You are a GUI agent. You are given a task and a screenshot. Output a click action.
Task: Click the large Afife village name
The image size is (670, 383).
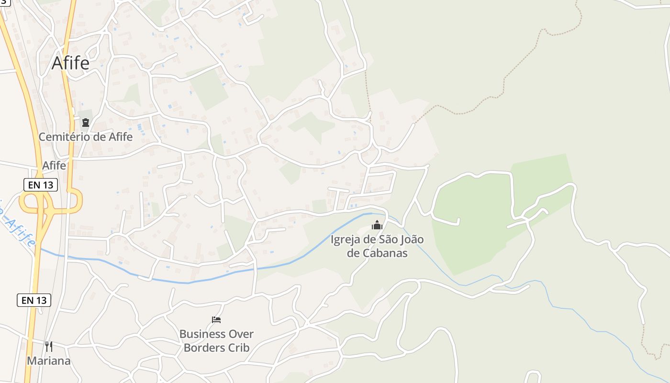coord(70,63)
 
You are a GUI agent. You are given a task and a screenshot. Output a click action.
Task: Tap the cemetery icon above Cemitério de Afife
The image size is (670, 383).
coord(86,123)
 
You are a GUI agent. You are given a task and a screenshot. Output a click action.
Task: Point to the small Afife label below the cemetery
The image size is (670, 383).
coord(54,165)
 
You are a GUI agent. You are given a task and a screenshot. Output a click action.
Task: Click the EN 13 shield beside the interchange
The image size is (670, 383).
coord(41,185)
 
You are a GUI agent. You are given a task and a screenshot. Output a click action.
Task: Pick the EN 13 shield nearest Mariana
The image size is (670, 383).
coord(34,300)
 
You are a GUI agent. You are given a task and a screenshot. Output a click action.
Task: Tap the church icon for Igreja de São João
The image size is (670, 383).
coord(377,225)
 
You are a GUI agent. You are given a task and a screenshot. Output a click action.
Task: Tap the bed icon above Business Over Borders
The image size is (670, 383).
coord(216,319)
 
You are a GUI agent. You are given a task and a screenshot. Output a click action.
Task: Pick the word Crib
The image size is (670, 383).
coord(239,348)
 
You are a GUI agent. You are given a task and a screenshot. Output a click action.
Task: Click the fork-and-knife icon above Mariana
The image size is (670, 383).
coord(48,346)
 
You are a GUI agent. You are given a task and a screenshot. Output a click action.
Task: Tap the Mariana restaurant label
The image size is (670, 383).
coord(48,360)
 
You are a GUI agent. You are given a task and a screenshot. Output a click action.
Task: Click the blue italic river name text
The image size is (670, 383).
coord(19,227)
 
